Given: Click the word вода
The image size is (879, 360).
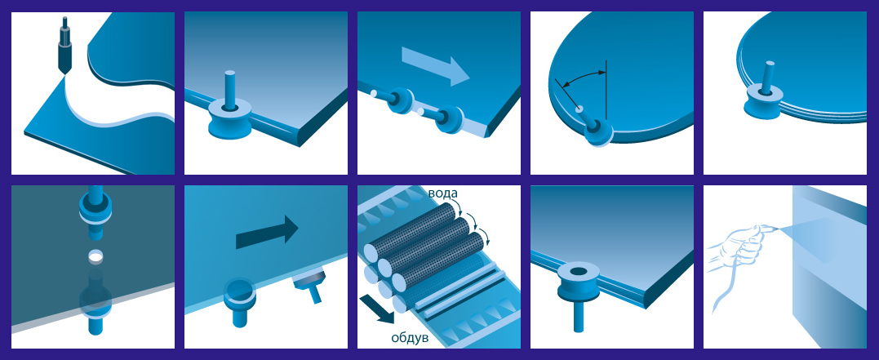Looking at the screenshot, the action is pos(443,194).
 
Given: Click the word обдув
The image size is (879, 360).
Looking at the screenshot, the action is pos(410,338).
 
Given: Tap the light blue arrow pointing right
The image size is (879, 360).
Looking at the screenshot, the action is pos(436,66).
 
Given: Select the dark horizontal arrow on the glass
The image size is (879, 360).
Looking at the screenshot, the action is pos(267,232).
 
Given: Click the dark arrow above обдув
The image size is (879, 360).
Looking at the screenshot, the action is pos(377,309).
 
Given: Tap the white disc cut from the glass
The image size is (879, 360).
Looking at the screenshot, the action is pos(95,257).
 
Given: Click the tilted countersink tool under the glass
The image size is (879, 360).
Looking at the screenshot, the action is pos(311,283).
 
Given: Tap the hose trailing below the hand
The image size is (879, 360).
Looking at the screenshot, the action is pos(723,292).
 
